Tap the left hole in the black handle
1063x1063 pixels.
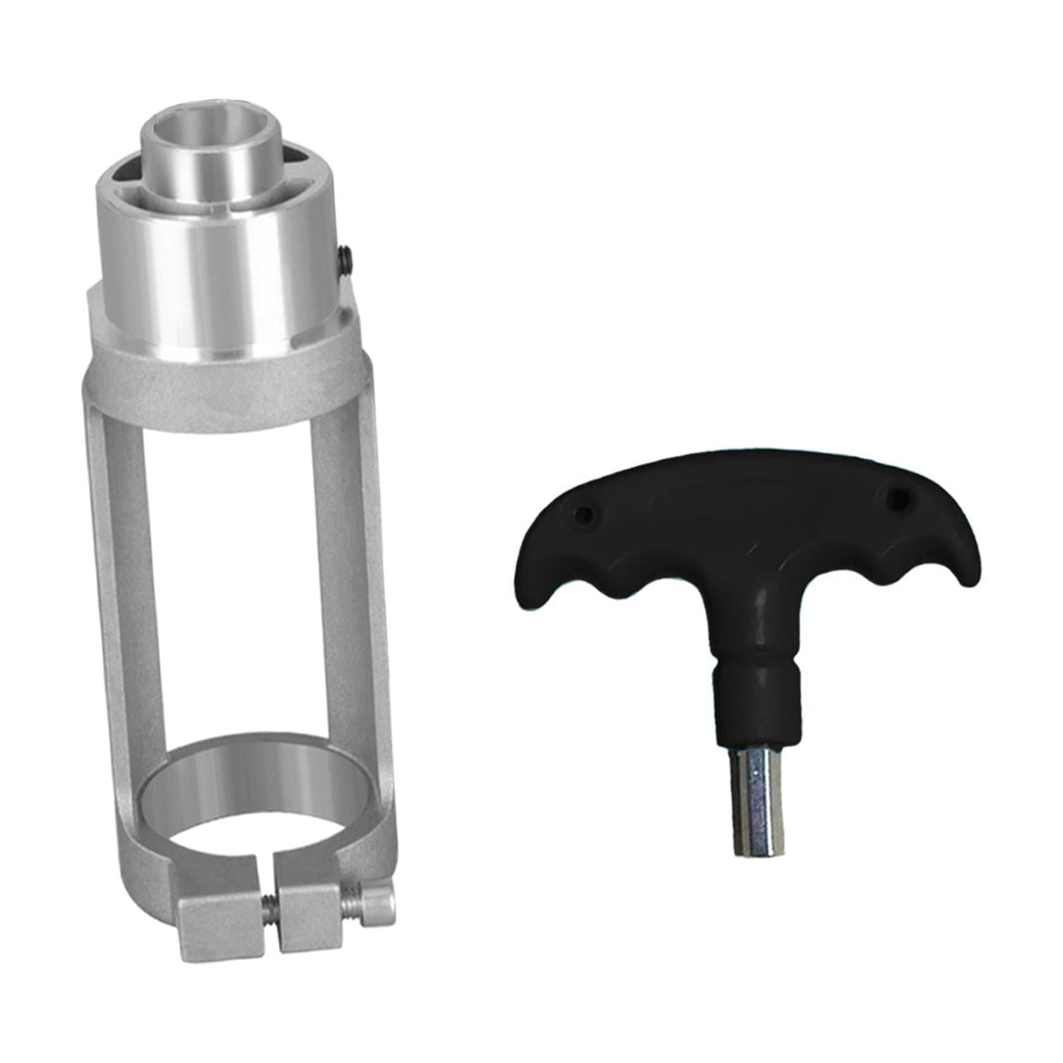(x=585, y=513)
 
